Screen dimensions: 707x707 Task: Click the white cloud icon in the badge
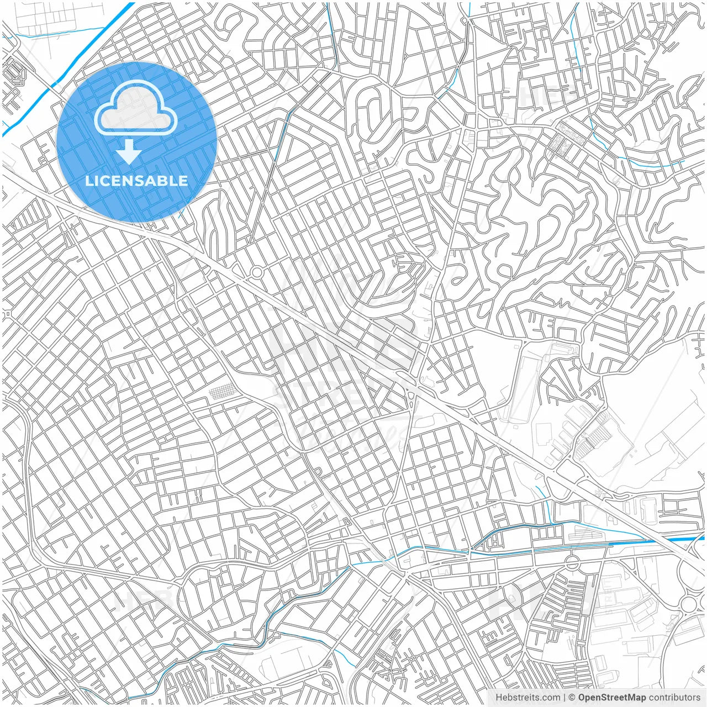136,108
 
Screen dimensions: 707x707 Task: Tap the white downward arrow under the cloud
129,152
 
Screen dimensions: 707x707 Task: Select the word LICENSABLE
136,181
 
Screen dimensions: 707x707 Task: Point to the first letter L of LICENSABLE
88,181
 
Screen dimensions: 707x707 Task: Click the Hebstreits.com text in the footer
527,698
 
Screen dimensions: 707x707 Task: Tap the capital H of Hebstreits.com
499,698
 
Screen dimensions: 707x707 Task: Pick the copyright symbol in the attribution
572,698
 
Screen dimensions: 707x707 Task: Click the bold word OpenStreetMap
612,698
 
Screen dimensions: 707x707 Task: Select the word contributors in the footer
674,698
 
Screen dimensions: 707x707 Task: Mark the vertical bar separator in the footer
564,698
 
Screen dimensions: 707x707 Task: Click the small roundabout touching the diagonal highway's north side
257,272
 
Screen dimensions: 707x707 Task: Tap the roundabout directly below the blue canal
572,563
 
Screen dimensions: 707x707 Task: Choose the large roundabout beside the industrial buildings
690,604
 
